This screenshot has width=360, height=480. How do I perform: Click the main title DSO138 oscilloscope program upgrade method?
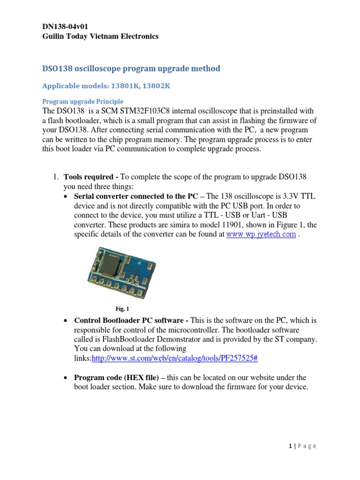click(131, 69)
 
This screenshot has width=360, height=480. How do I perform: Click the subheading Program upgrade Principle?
click(83, 101)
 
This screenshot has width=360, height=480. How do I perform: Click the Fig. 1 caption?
click(122, 309)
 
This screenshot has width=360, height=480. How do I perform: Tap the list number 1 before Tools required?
click(54, 177)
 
